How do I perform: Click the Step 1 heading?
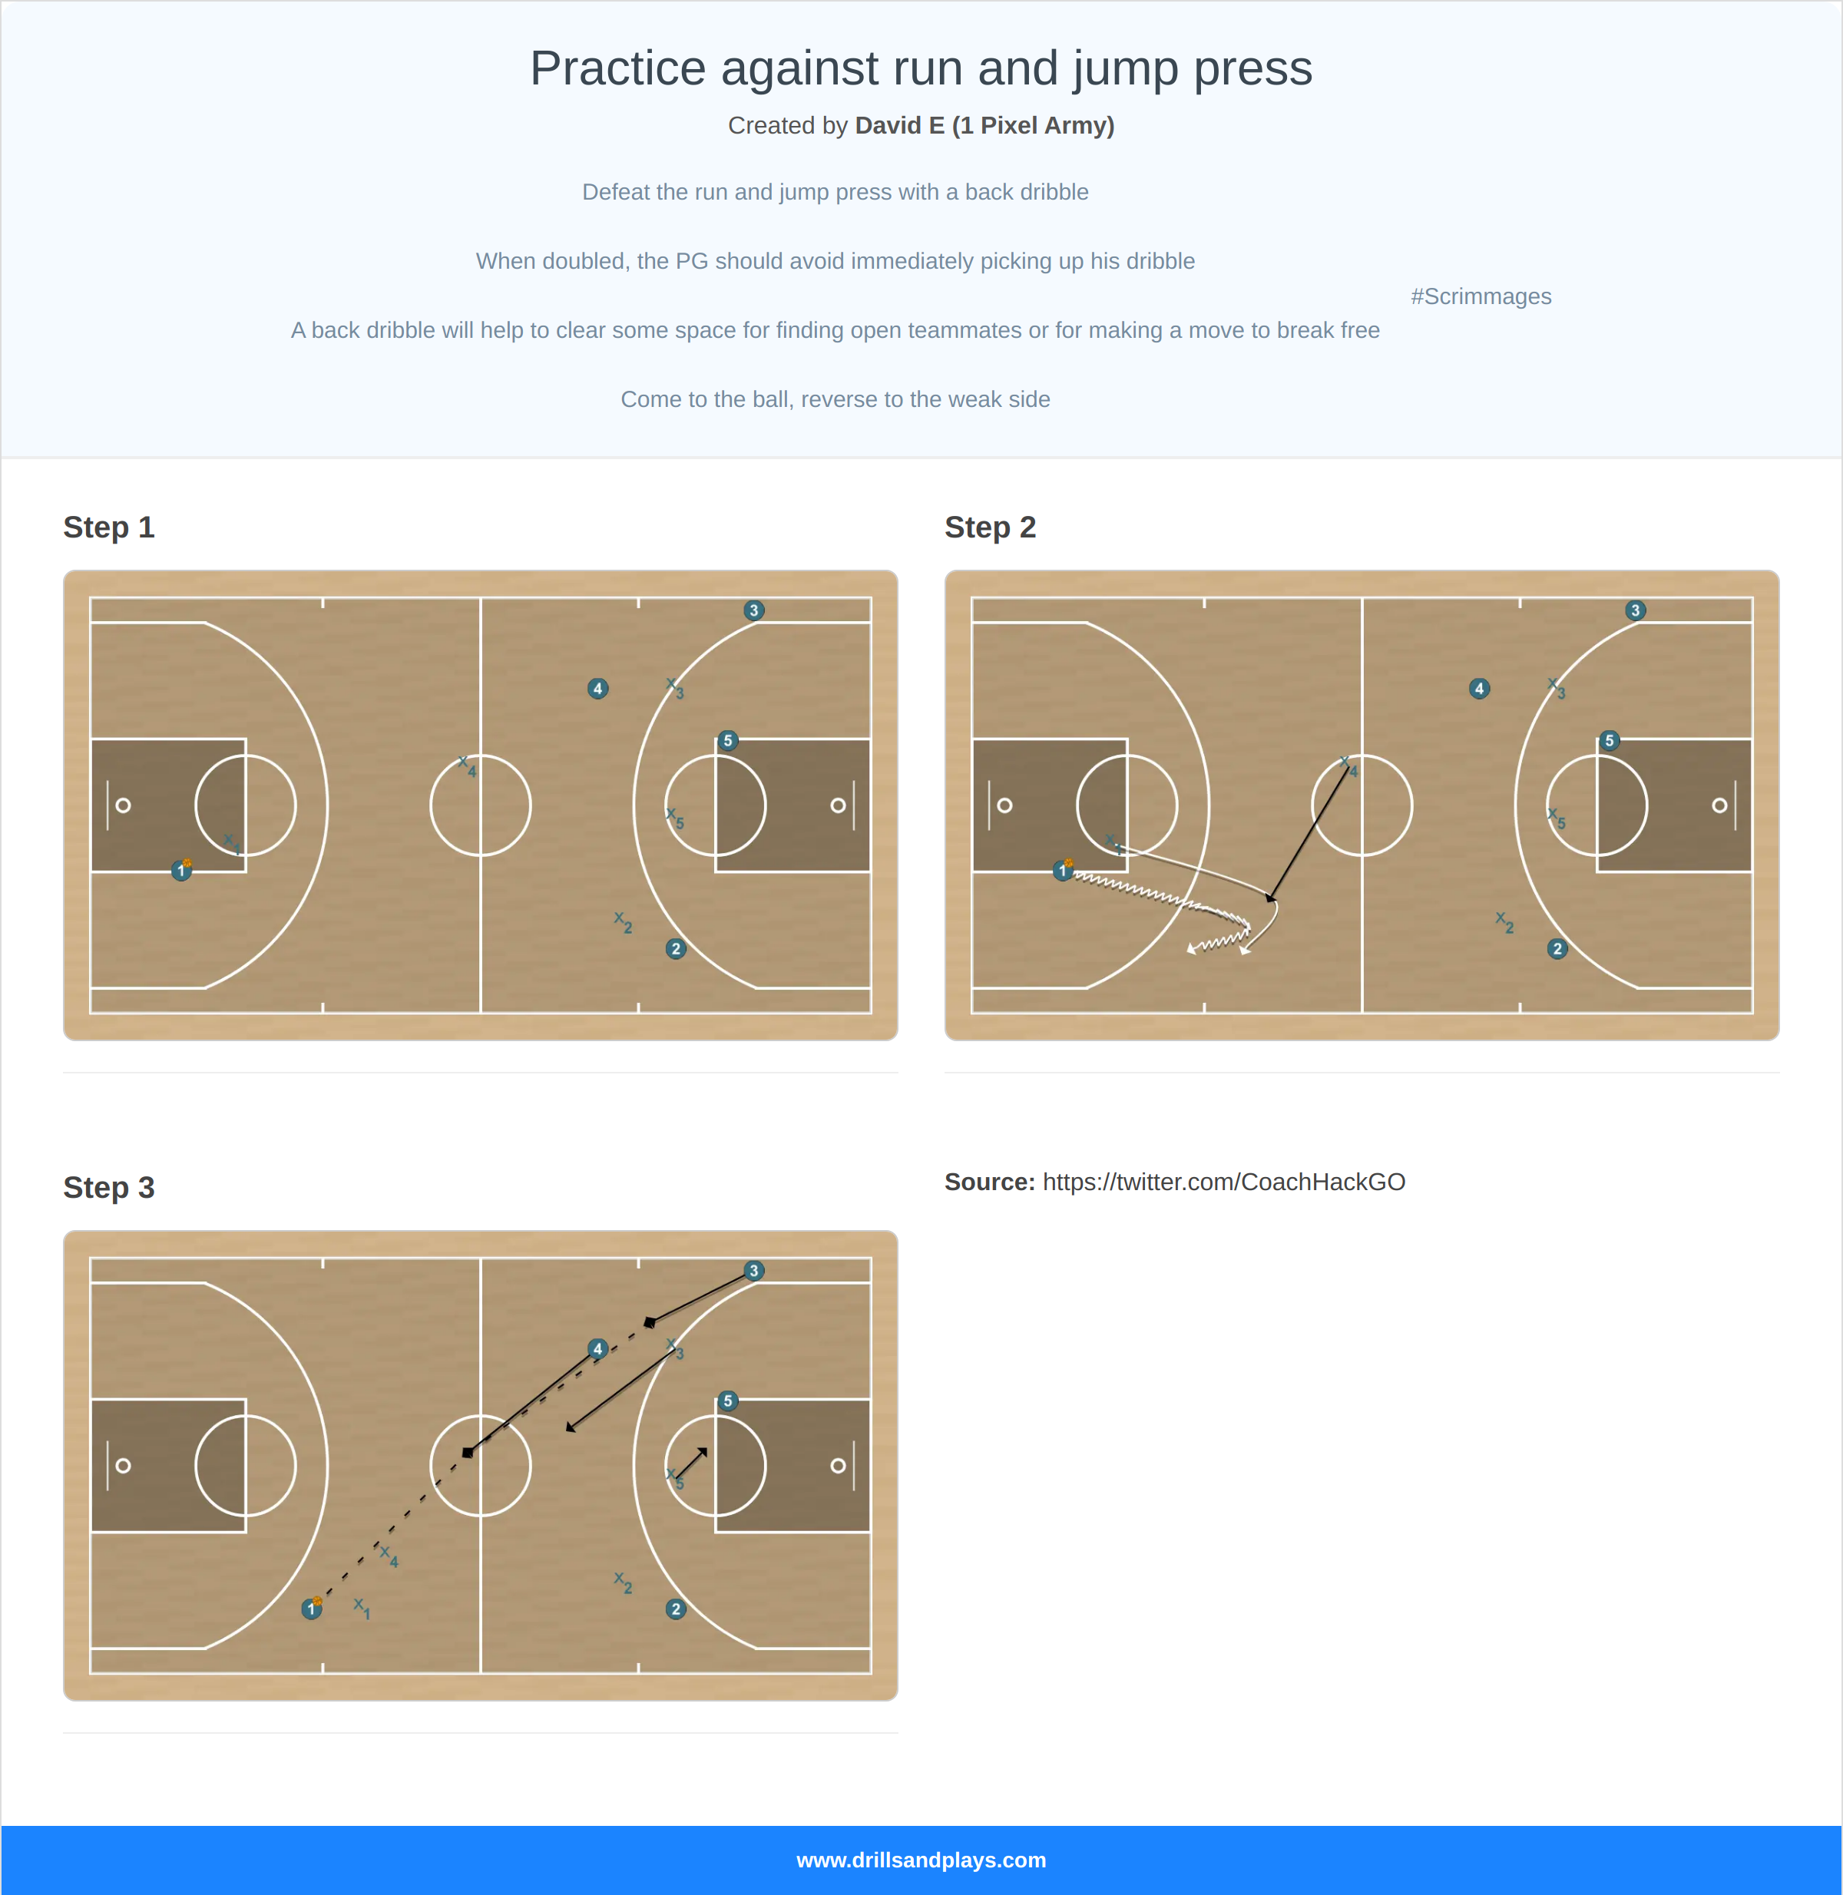pos(108,527)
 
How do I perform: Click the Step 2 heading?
pos(989,527)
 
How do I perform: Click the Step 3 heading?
pos(108,1188)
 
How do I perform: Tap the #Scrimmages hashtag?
pos(1480,296)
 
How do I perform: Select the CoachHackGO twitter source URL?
pos(1223,1182)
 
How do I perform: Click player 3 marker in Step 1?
pos(753,610)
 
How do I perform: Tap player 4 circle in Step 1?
pos(597,689)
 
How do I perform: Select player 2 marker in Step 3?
pos(676,1609)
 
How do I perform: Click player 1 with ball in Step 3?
pos(312,1609)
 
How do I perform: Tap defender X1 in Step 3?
pos(361,1606)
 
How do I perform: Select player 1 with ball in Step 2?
pos(1063,871)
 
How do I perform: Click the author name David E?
pos(900,126)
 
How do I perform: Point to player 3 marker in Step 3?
pos(753,1271)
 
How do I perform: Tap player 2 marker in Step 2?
pos(1557,950)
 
